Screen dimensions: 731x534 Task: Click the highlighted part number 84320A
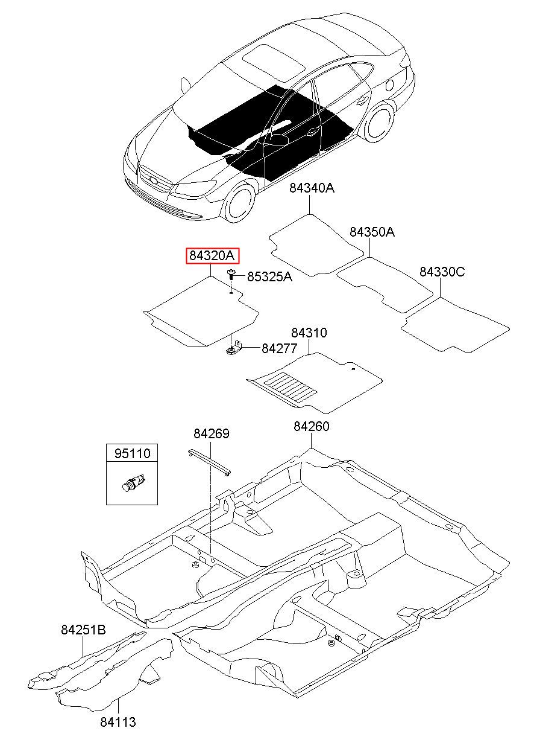(x=212, y=256)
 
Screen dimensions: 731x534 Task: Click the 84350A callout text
(x=372, y=232)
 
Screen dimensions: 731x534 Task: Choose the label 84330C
(x=442, y=272)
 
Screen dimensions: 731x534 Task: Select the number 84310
(x=309, y=333)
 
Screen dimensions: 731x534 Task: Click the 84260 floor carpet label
(x=312, y=426)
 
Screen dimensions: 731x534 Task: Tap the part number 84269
(x=212, y=434)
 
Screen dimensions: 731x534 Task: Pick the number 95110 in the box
(x=132, y=453)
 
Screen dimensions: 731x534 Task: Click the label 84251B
(x=83, y=630)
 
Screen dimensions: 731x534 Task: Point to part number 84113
(x=118, y=721)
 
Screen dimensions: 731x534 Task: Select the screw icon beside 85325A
(x=231, y=275)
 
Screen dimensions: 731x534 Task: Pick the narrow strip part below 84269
(x=209, y=462)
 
